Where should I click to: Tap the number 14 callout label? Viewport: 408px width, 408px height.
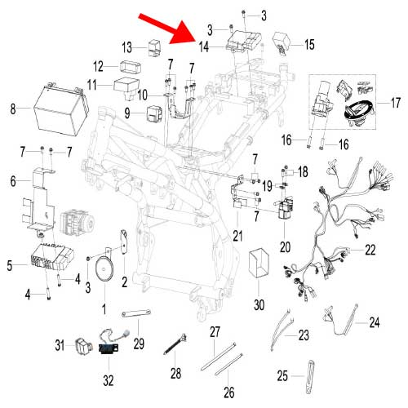pos(204,47)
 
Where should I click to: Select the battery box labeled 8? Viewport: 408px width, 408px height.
pos(61,109)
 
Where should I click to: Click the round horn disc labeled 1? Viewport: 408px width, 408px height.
pos(104,269)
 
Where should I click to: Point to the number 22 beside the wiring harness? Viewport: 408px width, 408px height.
pos(370,250)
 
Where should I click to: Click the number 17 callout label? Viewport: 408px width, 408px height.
pos(396,103)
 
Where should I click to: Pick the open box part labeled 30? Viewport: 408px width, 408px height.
pos(259,263)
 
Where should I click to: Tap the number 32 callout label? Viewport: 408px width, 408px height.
pos(109,380)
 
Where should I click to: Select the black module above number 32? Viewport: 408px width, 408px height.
pos(109,348)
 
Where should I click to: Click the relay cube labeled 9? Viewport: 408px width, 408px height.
pos(154,113)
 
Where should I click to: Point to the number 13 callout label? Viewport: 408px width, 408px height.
pos(126,47)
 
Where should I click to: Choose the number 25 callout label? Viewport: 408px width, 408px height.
pos(282,376)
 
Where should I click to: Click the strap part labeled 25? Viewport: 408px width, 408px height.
pos(310,377)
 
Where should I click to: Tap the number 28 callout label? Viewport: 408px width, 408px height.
pos(175,373)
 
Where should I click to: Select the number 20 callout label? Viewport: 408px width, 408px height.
pos(285,247)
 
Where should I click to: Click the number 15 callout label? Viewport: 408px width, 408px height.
pos(309,45)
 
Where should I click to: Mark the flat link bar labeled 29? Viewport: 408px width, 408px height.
pos(136,313)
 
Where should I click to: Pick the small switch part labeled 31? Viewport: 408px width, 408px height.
pos(81,346)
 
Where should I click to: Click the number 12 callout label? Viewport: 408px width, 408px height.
pos(98,66)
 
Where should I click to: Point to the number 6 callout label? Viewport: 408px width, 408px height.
pos(13,181)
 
